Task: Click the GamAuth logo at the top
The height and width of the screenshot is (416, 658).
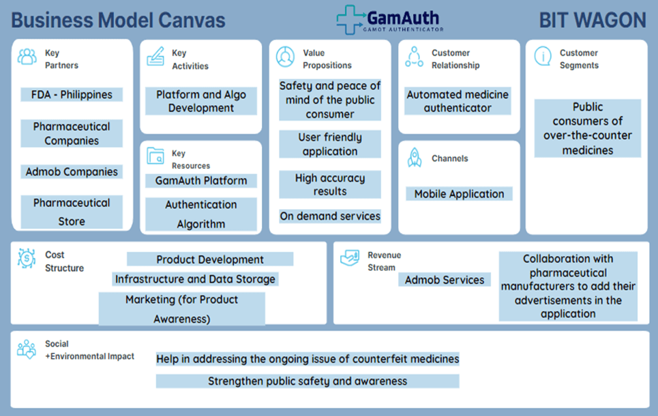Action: [389, 19]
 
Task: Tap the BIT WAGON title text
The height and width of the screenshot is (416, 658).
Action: [592, 20]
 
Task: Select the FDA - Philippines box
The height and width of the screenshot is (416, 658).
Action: [72, 95]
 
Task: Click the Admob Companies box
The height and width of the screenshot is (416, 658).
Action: [72, 172]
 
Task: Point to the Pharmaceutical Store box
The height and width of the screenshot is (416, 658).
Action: [72, 212]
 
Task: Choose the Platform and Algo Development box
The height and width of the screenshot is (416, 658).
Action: [201, 101]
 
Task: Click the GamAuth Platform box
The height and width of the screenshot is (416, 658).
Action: [201, 180]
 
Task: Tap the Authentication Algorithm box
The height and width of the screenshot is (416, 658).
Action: [201, 214]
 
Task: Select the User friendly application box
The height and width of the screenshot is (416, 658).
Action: [330, 144]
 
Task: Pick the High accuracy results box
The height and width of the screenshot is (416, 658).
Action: [330, 185]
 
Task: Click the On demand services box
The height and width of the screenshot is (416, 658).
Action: [330, 216]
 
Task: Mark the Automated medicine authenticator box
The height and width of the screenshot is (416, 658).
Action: [458, 101]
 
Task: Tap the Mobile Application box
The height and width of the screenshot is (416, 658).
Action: [459, 194]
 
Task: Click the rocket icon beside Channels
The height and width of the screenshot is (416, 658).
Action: [414, 158]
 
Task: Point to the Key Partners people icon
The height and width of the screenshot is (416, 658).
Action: [27, 57]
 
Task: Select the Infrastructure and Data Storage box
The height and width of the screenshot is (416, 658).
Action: [195, 279]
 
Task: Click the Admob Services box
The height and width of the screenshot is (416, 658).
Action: [445, 280]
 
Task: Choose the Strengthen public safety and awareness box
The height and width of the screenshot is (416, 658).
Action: [308, 381]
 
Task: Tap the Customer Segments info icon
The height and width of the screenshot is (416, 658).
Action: [543, 57]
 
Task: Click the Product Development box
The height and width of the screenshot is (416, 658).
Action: [210, 259]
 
